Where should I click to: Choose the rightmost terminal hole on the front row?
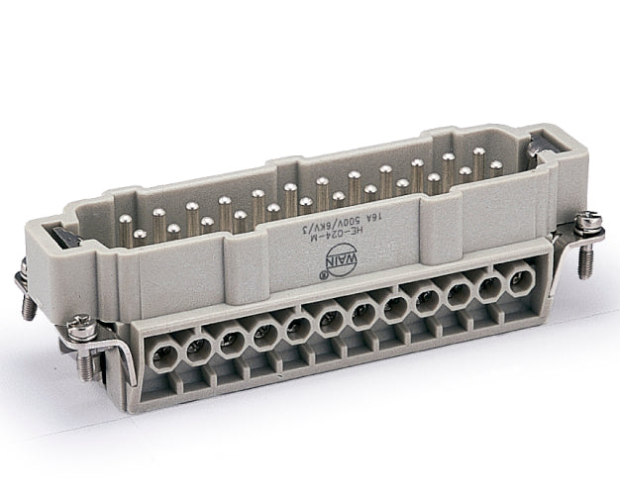tap(518, 283)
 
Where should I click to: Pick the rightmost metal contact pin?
tap(495, 168)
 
